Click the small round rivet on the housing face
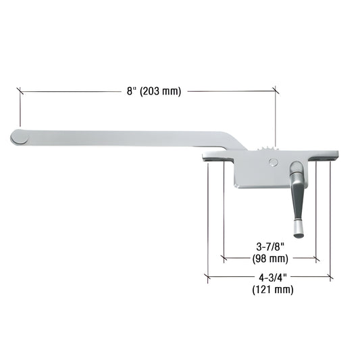tap(272, 162)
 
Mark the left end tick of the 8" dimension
tap(20, 91)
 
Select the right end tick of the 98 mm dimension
tap(315, 258)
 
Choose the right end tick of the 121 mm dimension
tap(330, 277)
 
